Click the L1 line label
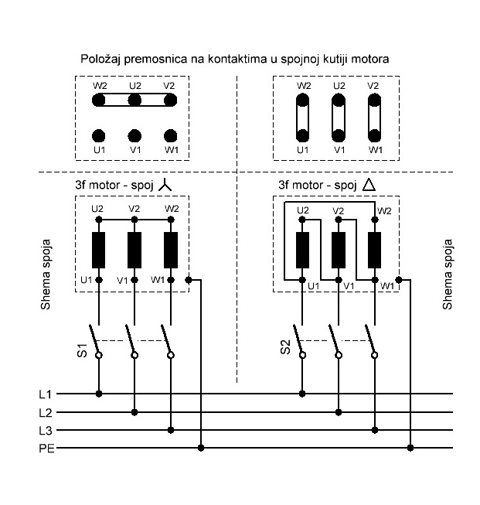tap(45, 394)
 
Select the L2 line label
tap(45, 412)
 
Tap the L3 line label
tap(45, 430)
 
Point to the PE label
tap(46, 448)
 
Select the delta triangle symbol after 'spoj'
tap(369, 186)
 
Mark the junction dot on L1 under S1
tap(98, 394)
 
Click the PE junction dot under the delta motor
tap(410, 448)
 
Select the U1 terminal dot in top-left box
tap(98, 135)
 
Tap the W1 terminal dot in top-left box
tap(171, 135)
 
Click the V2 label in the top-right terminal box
tap(374, 86)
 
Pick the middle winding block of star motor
tap(134, 250)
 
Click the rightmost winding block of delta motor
tap(375, 250)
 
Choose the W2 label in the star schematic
tap(172, 209)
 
